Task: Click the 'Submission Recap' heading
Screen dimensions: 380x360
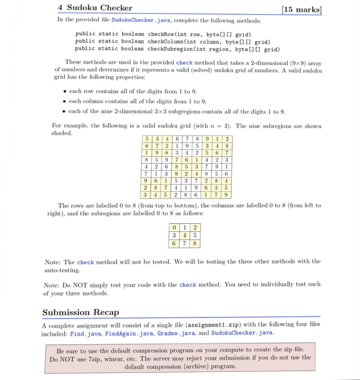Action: coord(80,312)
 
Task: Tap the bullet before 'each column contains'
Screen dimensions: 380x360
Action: coord(65,101)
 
